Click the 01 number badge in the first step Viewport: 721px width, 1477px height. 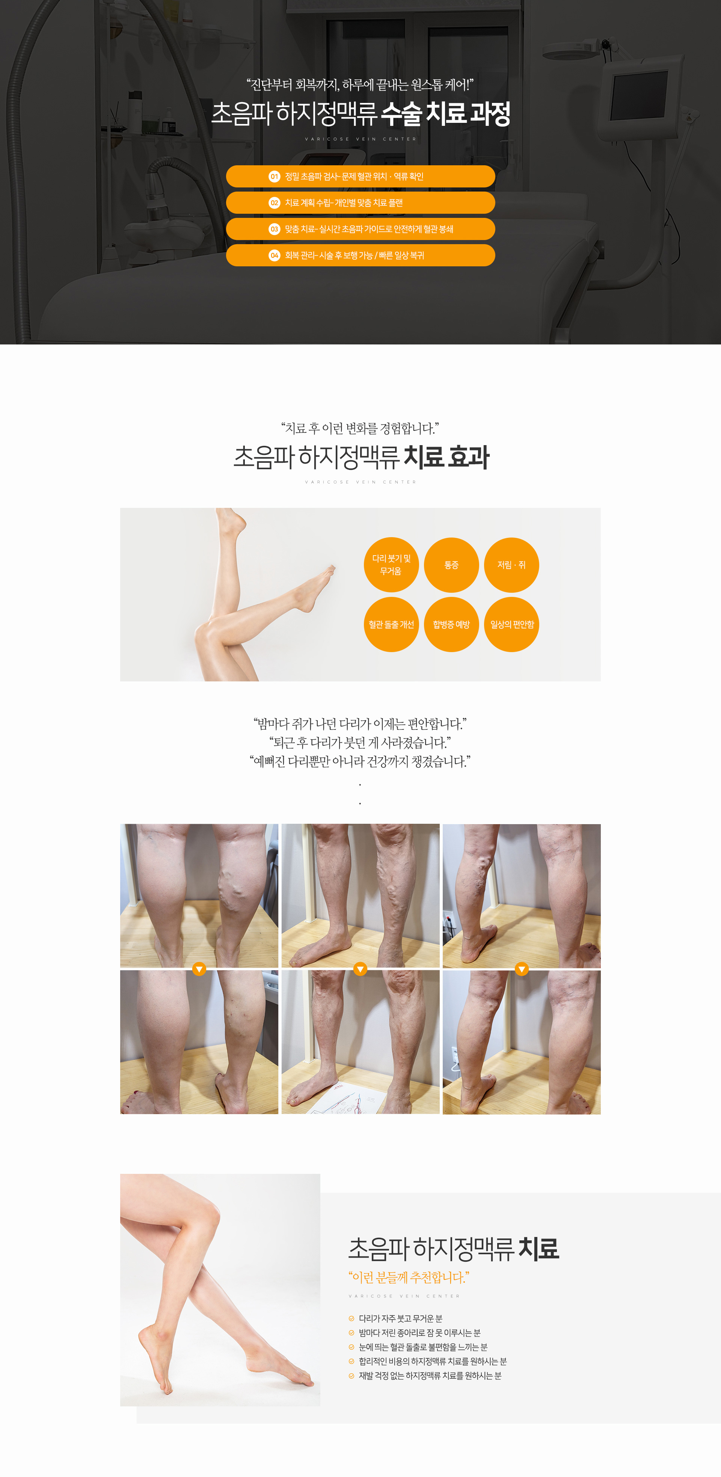click(275, 177)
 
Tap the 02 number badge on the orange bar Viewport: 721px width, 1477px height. click(275, 203)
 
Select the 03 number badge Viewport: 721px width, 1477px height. click(275, 230)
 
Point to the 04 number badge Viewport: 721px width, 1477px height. click(275, 256)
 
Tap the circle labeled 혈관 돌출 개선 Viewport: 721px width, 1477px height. click(391, 624)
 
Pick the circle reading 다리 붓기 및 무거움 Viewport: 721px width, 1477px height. click(391, 565)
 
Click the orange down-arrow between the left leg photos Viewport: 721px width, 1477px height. click(199, 969)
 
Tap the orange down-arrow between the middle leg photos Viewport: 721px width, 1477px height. click(360, 969)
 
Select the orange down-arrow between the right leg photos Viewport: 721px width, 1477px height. click(522, 969)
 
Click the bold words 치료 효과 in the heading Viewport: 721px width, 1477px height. click(446, 458)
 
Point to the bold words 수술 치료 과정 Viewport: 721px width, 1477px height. click(445, 113)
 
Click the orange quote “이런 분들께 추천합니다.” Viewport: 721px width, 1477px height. click(409, 1278)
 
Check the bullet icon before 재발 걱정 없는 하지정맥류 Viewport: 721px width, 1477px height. click(351, 1376)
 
